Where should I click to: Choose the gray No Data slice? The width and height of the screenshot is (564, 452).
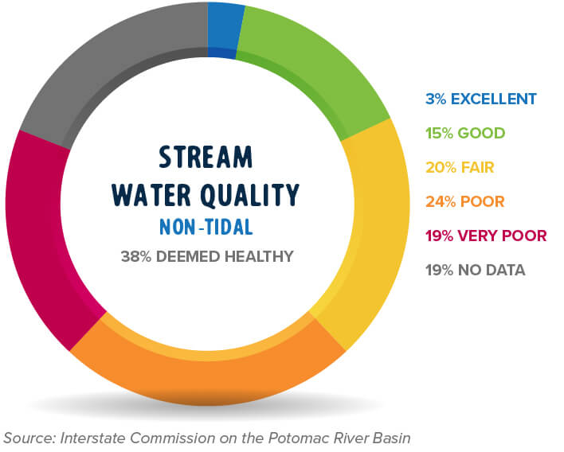point(104,72)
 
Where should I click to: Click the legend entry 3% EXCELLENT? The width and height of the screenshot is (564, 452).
point(480,99)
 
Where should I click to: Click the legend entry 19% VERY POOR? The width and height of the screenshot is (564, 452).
point(486,236)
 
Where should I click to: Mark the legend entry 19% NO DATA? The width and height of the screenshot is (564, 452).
point(475,270)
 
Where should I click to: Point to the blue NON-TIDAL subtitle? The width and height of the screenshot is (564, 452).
point(206,228)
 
